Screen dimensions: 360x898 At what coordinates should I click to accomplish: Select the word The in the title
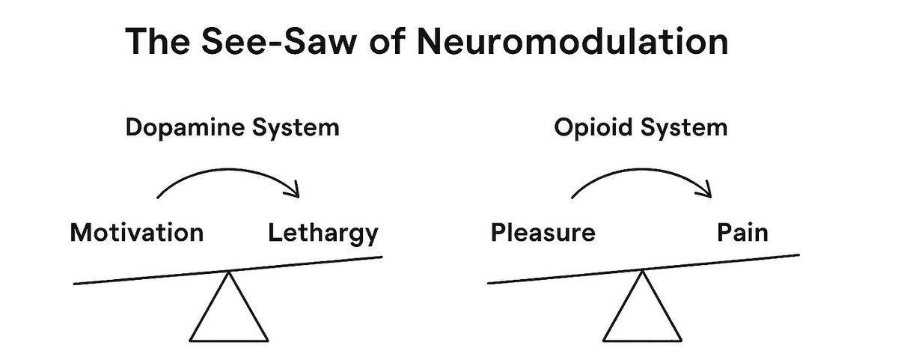156,42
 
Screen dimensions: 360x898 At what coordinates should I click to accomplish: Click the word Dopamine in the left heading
183,128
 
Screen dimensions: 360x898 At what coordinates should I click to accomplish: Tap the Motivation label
136,233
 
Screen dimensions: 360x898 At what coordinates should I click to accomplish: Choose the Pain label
742,233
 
